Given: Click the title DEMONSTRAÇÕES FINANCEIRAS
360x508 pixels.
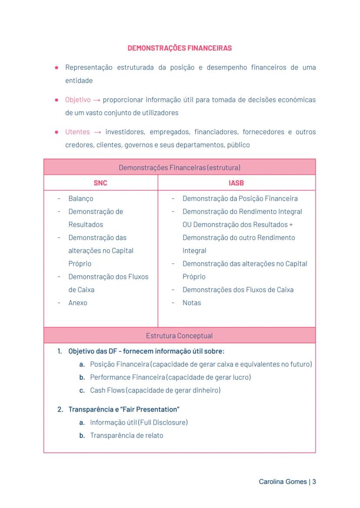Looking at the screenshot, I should coord(180,48).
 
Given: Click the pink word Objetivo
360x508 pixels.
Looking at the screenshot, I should coord(78,100).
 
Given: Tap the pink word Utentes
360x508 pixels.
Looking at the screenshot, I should coord(77,132).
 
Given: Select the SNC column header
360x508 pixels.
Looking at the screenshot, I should coord(100,183).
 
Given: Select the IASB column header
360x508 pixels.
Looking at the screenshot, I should coord(237,183).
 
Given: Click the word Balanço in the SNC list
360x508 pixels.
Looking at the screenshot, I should coord(80,199).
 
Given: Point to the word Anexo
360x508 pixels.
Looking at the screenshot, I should coord(78,303).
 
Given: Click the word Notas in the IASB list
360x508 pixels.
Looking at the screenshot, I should coord(192,303).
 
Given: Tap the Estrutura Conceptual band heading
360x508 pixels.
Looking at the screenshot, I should coord(180,335).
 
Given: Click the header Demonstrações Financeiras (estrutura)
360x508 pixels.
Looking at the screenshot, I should coord(180,167).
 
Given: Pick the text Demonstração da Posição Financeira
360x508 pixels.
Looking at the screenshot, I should coord(240,199).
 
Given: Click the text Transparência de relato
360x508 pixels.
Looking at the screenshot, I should coord(127,435).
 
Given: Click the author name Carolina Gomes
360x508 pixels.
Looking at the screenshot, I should coord(283,481).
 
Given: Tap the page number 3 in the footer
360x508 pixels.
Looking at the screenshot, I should coord(314,481).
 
